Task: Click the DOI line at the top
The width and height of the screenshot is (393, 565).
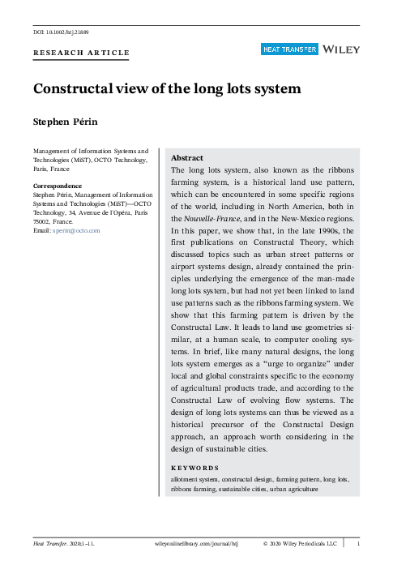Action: point(61,32)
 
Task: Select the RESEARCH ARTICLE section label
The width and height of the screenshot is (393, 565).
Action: point(80,53)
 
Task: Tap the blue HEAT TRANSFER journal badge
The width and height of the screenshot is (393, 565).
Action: point(288,49)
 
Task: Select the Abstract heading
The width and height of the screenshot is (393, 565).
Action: point(187,157)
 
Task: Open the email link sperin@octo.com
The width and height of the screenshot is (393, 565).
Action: point(76,231)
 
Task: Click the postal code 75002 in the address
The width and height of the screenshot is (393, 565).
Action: point(43,221)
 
